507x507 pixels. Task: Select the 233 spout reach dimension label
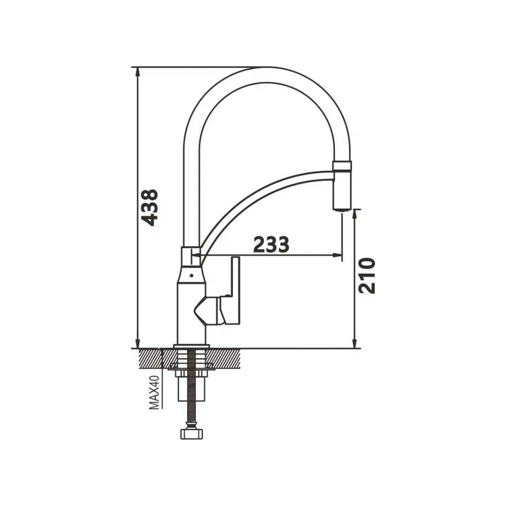(271, 244)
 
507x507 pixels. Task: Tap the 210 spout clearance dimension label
(367, 275)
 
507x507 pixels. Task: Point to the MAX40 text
(154, 392)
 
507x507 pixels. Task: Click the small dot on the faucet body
(192, 276)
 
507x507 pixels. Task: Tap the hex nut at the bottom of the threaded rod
(191, 434)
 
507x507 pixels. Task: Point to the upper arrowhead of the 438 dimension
(138, 72)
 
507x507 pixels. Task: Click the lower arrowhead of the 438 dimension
(138, 344)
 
